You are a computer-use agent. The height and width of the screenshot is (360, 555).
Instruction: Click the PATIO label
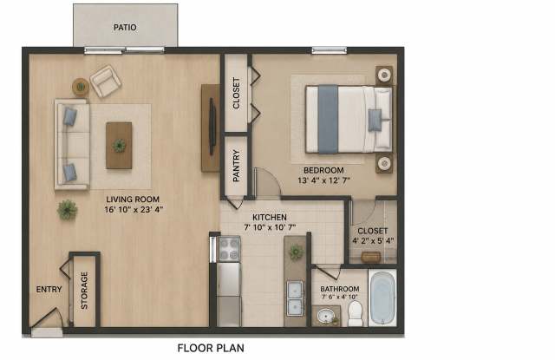click(125, 27)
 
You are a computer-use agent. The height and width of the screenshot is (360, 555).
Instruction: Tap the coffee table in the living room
click(119, 146)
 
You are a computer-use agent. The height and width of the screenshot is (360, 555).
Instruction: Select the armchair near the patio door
click(106, 82)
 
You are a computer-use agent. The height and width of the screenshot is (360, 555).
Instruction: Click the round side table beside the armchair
click(81, 87)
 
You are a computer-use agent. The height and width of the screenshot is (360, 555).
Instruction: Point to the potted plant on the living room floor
click(67, 210)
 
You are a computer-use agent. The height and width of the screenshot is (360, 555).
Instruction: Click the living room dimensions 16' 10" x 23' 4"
click(134, 210)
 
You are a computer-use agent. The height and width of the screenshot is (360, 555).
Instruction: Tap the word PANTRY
click(236, 166)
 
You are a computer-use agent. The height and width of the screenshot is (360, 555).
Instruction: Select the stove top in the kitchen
click(229, 249)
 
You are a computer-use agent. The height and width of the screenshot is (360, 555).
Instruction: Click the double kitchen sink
click(295, 298)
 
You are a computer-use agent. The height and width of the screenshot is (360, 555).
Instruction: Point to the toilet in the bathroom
click(355, 314)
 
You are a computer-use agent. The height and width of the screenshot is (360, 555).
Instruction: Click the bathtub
click(382, 298)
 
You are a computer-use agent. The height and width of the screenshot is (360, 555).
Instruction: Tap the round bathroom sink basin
click(326, 316)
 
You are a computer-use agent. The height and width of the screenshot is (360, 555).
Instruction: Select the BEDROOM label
click(323, 170)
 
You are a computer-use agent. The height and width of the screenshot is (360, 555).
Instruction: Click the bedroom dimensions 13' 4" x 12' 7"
click(323, 180)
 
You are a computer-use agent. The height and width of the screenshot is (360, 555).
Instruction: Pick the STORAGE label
click(84, 291)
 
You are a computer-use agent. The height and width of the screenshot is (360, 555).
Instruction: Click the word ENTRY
click(49, 289)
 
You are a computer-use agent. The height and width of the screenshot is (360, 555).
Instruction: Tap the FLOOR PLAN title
click(211, 349)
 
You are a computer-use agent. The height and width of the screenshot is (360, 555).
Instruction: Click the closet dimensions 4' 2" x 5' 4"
click(373, 240)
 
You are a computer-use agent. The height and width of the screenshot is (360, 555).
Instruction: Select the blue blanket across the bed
click(328, 120)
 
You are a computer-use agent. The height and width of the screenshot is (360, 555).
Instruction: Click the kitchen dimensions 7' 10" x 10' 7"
click(270, 227)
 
